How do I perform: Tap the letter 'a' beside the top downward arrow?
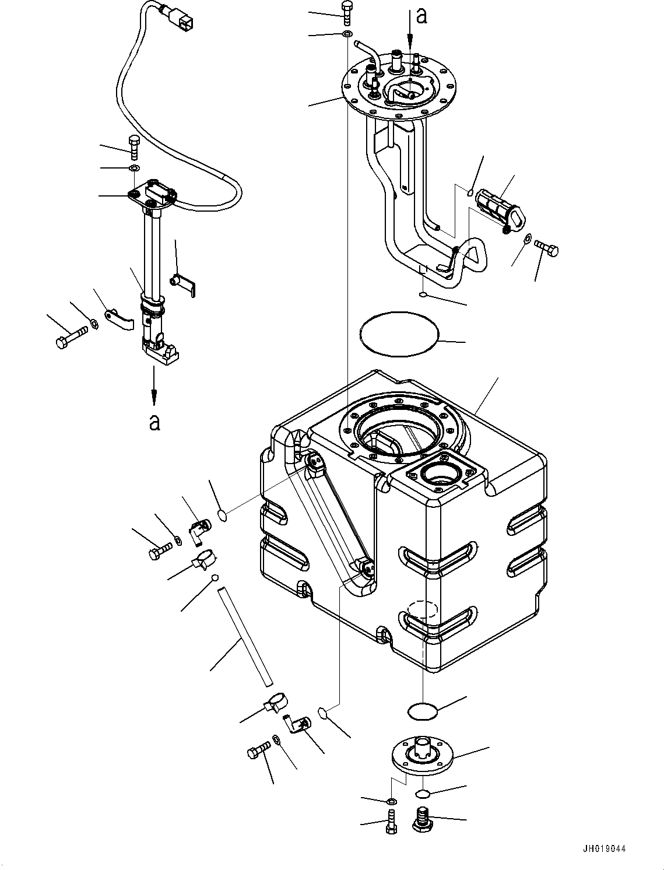point(422,16)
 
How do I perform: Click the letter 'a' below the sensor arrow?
point(154,421)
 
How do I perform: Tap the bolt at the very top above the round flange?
point(347,10)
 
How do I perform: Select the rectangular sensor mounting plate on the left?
point(152,196)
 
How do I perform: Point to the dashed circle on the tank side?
point(422,609)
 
